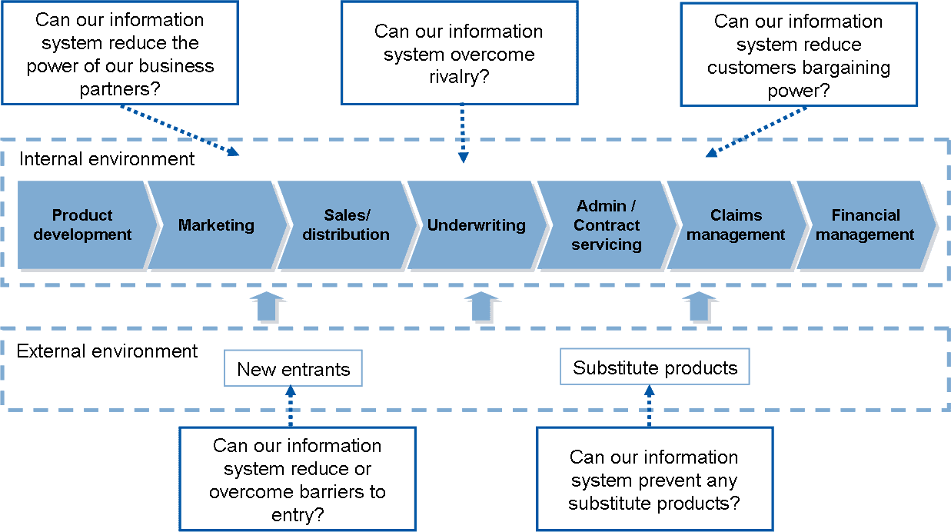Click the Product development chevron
[82, 225]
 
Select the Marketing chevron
[216, 225]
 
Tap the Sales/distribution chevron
[345, 225]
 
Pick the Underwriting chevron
[476, 225]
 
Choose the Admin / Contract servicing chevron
[607, 225]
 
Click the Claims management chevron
[736, 225]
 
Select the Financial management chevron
[865, 225]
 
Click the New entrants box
[293, 369]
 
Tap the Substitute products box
[654, 367]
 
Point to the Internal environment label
[107, 159]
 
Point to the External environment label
[108, 351]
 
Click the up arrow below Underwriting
[483, 308]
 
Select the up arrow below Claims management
[700, 308]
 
